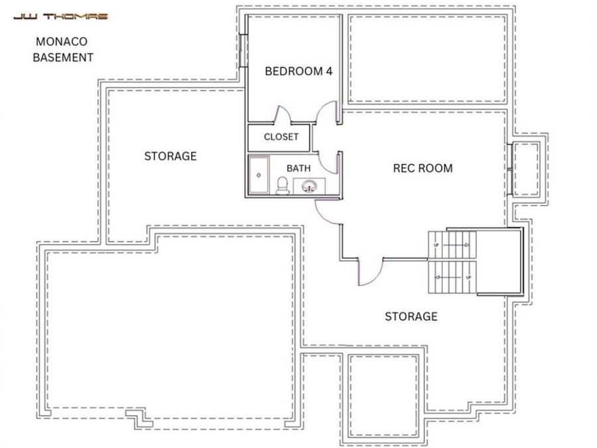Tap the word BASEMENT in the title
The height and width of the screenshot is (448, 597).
[64, 58]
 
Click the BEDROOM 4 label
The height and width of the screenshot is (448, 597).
[298, 72]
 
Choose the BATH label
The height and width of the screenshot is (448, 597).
[298, 169]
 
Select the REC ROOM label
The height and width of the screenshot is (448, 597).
[423, 169]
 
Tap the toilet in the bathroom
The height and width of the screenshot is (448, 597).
[282, 185]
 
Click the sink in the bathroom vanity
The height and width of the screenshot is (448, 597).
[308, 187]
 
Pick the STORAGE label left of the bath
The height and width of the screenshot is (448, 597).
[170, 157]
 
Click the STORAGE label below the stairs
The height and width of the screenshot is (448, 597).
[411, 317]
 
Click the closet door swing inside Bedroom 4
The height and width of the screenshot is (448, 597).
[283, 115]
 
